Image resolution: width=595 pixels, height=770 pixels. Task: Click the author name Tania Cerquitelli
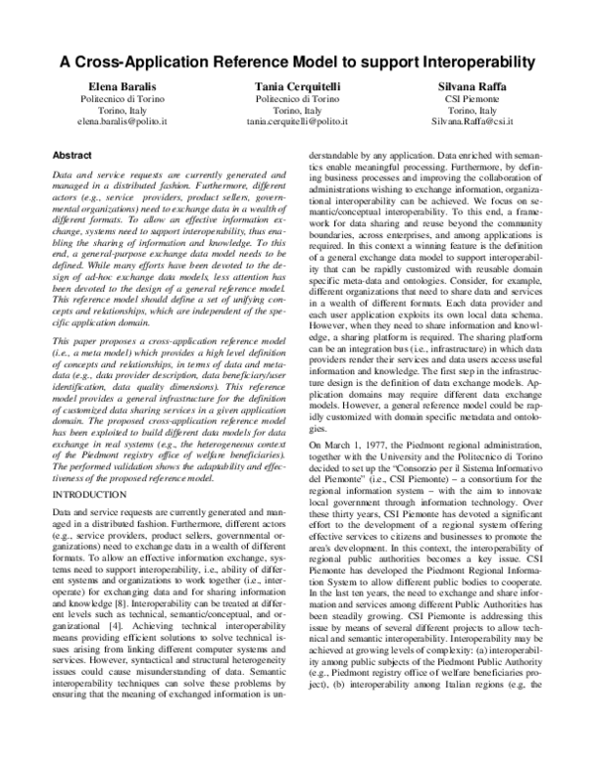click(297, 88)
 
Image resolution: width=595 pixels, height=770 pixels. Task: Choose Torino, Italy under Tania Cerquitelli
click(297, 113)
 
